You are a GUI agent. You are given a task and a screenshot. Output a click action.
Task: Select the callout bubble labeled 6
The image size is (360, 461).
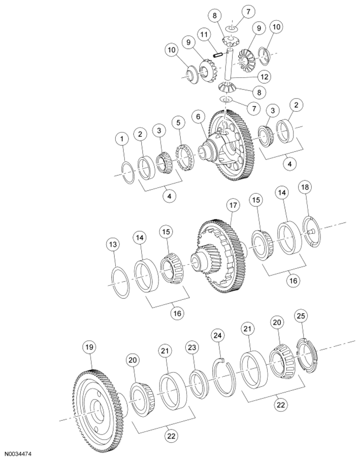[x=199, y=117]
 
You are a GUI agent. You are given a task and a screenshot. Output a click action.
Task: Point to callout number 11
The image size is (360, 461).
[x=204, y=35]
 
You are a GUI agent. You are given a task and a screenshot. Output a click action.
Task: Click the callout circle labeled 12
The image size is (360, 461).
[x=264, y=77]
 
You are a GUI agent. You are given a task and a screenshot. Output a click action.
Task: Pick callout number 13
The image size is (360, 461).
[x=113, y=244]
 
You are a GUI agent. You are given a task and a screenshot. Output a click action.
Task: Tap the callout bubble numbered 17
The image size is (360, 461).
[x=233, y=205]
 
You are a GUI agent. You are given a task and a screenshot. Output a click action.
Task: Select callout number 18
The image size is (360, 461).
[x=305, y=187]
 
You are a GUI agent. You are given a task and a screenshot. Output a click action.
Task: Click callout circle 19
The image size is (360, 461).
[x=89, y=347]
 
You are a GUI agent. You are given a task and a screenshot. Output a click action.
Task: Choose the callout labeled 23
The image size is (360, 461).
[x=192, y=348]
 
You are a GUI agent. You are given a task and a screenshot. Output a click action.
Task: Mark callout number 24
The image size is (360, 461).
[x=219, y=335]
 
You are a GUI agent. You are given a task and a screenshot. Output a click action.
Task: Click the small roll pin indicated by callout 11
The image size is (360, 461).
[x=218, y=55]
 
